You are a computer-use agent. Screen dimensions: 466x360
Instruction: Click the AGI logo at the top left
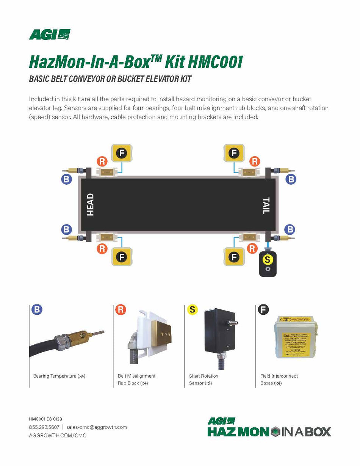[x=50, y=35]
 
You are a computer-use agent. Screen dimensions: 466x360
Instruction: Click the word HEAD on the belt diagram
[x=90, y=205]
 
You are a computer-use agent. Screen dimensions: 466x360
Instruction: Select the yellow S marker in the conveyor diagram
[x=268, y=260]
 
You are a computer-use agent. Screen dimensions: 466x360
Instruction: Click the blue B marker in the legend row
[x=37, y=309]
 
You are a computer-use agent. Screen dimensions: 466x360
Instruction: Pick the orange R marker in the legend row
[x=121, y=309]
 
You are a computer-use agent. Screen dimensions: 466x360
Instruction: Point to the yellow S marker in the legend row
[x=193, y=309]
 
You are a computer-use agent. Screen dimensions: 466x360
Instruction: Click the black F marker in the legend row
[x=263, y=309]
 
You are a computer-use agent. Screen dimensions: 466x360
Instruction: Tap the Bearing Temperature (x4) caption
[x=59, y=376]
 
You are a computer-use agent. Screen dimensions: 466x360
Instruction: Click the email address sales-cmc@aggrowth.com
[x=96, y=427]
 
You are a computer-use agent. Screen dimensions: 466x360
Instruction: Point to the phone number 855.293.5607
[x=44, y=427]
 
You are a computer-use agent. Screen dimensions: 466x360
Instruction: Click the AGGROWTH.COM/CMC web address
[x=58, y=435]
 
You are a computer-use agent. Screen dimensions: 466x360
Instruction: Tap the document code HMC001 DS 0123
[x=45, y=419]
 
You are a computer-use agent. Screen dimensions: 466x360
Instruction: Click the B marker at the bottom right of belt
[x=290, y=229]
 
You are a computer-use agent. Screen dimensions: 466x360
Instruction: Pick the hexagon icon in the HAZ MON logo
[x=276, y=431]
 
